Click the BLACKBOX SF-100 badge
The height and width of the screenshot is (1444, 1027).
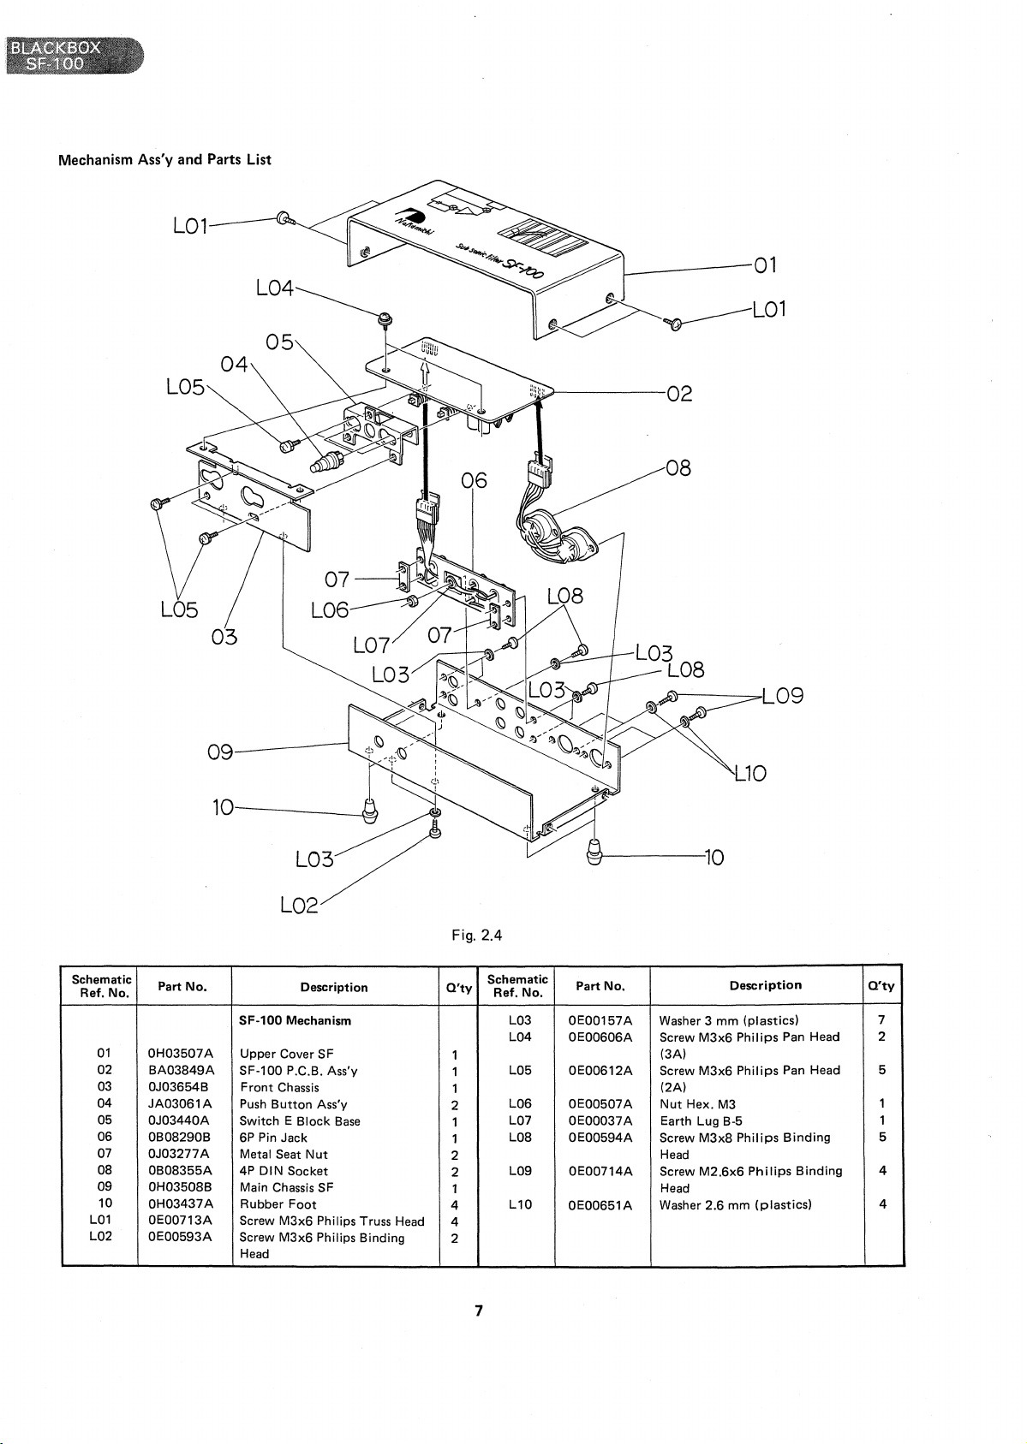pos(75,56)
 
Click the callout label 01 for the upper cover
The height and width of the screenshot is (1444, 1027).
pos(766,265)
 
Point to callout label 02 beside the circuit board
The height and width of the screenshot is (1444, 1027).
pos(679,393)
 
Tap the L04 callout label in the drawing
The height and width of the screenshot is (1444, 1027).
pos(275,288)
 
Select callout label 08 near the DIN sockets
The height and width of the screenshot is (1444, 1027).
pos(678,468)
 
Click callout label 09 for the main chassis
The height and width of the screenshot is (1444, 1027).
pos(220,752)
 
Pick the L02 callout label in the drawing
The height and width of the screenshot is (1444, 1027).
pos(299,906)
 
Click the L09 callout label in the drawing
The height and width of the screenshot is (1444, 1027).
pos(783,696)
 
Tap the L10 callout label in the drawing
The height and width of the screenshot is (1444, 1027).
pos(751,773)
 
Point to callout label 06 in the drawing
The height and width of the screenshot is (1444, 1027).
pos(475,480)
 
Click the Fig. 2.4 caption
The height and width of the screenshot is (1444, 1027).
pos(477,936)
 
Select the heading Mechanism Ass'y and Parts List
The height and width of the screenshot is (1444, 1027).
pos(164,160)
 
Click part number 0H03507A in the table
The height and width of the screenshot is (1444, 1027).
pos(181,1054)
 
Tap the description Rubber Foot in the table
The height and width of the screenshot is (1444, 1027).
pos(278,1204)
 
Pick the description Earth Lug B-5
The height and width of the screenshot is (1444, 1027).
pos(701,1121)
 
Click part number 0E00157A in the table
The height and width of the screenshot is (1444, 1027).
pos(600,1020)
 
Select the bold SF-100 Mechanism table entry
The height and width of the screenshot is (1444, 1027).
pos(295,1020)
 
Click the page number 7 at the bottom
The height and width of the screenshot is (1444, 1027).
pos(479,1310)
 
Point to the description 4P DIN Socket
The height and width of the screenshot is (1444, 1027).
pos(284,1171)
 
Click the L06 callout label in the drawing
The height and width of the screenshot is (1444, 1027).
pos(330,609)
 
